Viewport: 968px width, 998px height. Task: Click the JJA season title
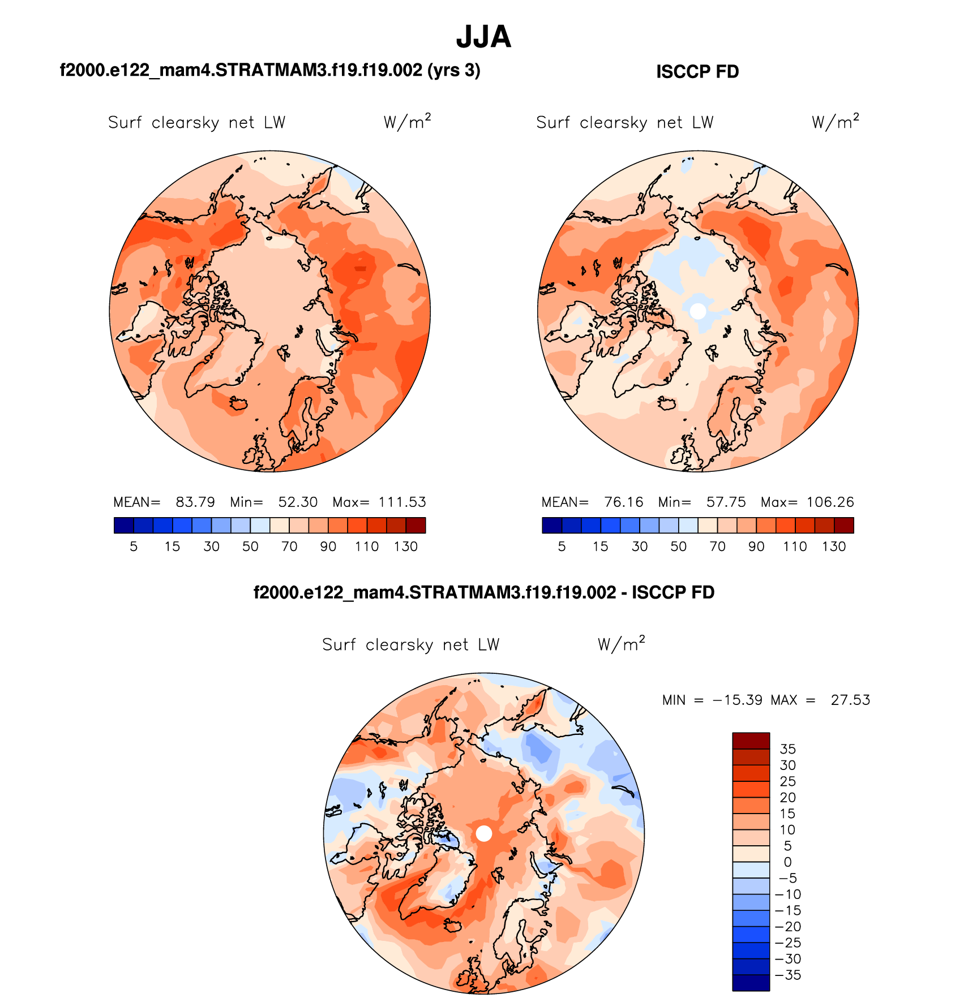(x=483, y=37)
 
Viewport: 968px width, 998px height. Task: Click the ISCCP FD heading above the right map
(x=697, y=72)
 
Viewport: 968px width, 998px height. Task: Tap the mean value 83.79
(x=195, y=502)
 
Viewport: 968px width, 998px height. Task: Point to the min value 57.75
(x=726, y=502)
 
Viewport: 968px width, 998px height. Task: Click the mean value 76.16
(x=623, y=502)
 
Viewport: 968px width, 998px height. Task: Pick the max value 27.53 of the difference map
(x=850, y=700)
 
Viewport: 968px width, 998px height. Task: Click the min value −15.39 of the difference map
(x=738, y=700)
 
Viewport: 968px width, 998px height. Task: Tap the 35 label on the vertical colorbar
(x=787, y=749)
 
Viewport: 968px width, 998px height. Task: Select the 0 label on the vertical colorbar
(x=787, y=862)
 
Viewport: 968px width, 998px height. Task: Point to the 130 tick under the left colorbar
(x=406, y=547)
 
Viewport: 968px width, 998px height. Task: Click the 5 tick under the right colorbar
(x=562, y=547)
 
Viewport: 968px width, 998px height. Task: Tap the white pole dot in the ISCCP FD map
(x=698, y=311)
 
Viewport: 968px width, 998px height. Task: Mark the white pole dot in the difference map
(x=483, y=833)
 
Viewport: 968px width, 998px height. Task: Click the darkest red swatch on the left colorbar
(x=416, y=526)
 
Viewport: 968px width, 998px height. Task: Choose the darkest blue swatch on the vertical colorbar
(x=751, y=983)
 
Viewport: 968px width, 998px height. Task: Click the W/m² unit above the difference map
(x=621, y=644)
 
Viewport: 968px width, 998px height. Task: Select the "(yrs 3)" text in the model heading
(x=453, y=70)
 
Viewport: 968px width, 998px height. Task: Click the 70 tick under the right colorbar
(x=717, y=547)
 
